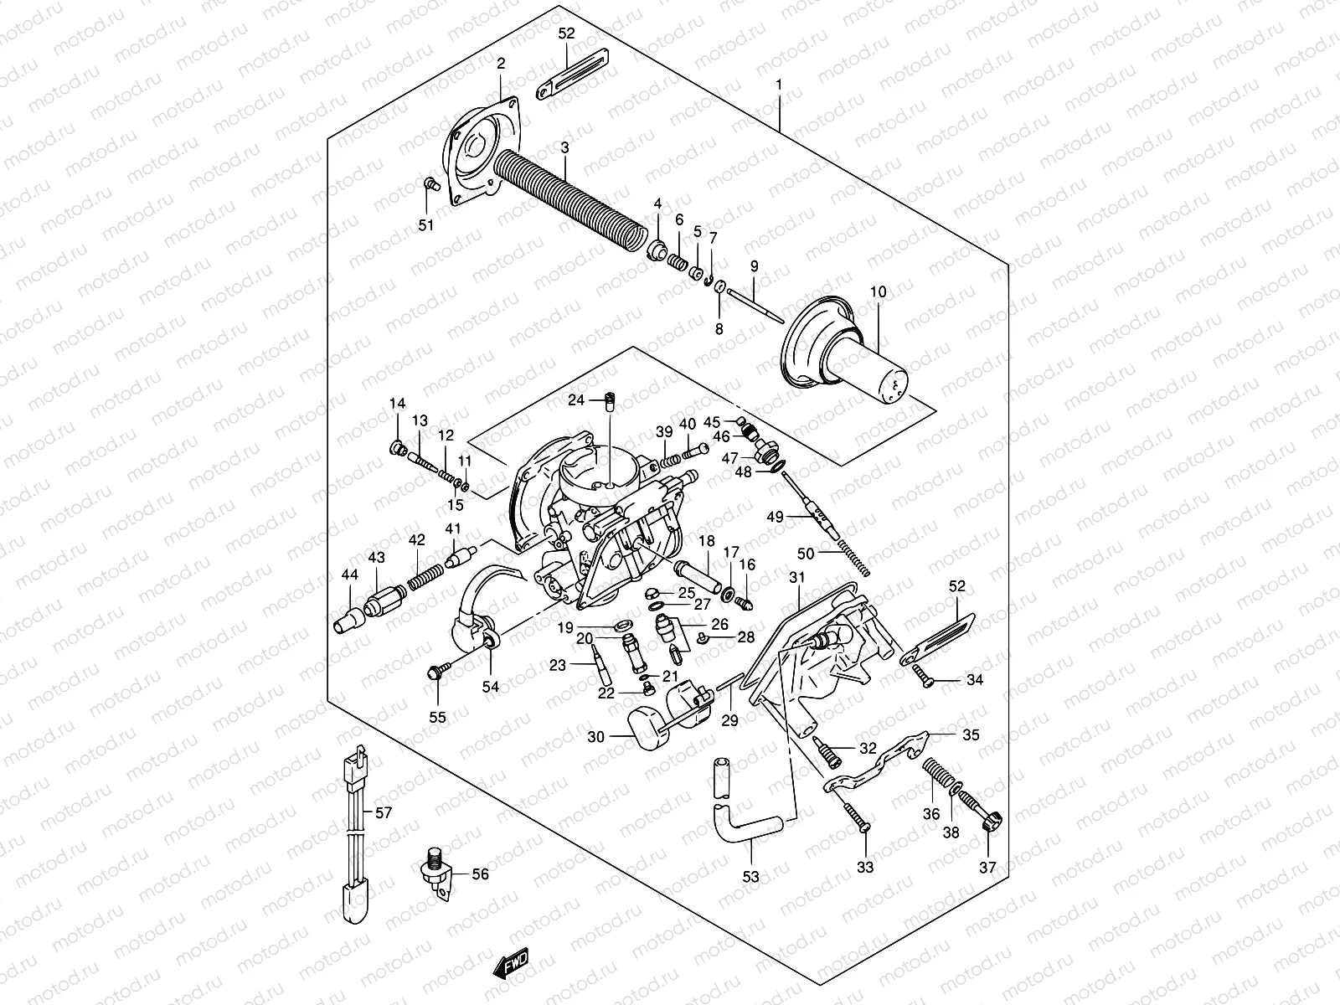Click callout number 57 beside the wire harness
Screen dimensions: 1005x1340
tap(383, 812)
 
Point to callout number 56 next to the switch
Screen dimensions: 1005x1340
tap(480, 874)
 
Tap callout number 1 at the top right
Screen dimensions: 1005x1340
tap(779, 85)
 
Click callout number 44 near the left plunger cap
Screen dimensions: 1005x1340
tap(349, 575)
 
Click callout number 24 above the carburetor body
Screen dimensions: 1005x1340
tap(575, 400)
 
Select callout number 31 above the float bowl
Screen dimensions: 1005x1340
tap(796, 578)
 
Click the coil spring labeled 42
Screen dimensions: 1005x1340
tap(425, 579)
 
